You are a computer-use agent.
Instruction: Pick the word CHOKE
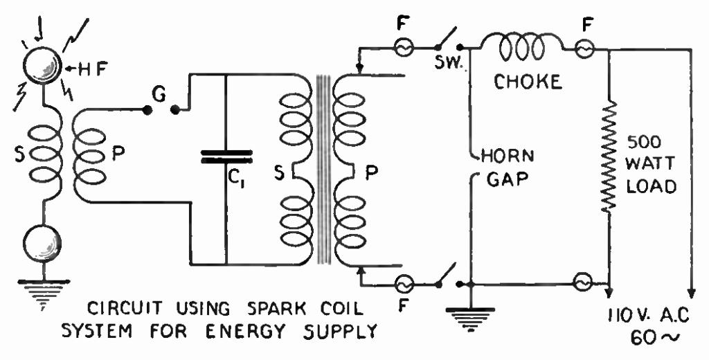[527, 82]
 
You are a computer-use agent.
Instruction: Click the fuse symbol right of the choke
[586, 48]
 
